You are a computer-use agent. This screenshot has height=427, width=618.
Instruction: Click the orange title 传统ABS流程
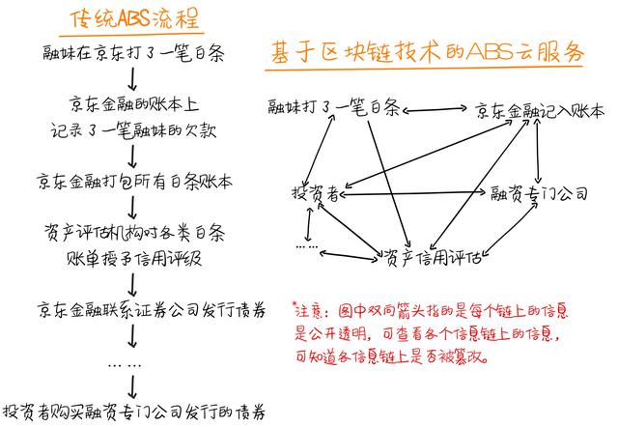pyautogui.click(x=134, y=18)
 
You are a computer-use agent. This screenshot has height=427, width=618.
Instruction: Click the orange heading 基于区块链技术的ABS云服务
pyautogui.click(x=427, y=52)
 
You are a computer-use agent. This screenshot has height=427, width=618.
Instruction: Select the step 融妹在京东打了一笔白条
pyautogui.click(x=133, y=53)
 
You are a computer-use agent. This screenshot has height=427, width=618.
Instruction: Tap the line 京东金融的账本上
pyautogui.click(x=134, y=104)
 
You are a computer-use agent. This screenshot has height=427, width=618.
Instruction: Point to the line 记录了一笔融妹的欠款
pyautogui.click(x=133, y=130)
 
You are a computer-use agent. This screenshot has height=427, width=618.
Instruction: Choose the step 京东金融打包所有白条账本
pyautogui.click(x=134, y=182)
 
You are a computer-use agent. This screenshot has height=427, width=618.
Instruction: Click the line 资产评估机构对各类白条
pyautogui.click(x=134, y=233)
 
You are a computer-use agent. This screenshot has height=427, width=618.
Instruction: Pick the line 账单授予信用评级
pyautogui.click(x=134, y=259)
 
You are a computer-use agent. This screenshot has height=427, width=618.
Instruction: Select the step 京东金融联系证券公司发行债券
pyautogui.click(x=152, y=310)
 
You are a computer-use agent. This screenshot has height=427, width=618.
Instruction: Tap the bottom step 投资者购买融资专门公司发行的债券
pyautogui.click(x=134, y=413)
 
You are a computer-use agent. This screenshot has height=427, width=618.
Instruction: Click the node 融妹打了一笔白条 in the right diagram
pyautogui.click(x=334, y=107)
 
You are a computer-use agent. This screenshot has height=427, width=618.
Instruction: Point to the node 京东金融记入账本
pyautogui.click(x=540, y=111)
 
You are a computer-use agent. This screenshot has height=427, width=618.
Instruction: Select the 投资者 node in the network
pyautogui.click(x=316, y=193)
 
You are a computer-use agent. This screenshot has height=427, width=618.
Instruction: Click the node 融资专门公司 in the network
pyautogui.click(x=539, y=193)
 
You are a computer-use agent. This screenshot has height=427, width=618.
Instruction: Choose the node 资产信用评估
pyautogui.click(x=433, y=258)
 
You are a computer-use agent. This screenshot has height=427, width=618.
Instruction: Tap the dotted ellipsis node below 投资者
pyautogui.click(x=307, y=246)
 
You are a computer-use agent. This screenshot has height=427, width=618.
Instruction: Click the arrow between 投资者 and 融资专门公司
pyautogui.click(x=412, y=193)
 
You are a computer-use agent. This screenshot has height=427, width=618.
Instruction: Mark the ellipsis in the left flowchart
pyautogui.click(x=125, y=365)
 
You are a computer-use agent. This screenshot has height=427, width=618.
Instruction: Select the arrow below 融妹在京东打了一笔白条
pyautogui.click(x=132, y=79)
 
